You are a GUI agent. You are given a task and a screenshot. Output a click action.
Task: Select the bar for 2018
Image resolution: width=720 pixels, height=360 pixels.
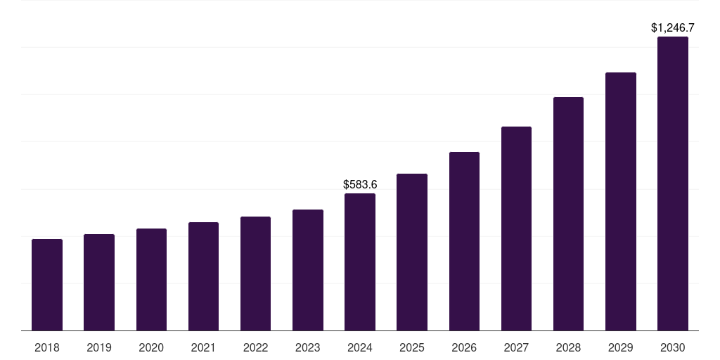pyautogui.click(x=47, y=285)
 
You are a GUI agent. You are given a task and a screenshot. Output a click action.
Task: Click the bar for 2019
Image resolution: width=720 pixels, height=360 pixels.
pyautogui.click(x=99, y=283)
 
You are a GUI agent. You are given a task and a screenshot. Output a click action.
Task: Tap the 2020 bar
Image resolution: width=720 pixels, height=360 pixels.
pyautogui.click(x=152, y=280)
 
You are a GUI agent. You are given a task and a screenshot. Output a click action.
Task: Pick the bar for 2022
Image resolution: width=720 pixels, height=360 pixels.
pyautogui.click(x=255, y=274)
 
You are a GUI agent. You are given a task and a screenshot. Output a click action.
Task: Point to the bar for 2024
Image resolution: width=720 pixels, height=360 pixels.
pyautogui.click(x=360, y=262)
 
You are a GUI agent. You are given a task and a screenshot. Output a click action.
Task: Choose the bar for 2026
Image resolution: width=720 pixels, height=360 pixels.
pyautogui.click(x=464, y=241)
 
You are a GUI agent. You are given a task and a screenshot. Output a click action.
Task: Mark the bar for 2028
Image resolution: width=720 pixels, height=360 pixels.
pyautogui.click(x=568, y=214)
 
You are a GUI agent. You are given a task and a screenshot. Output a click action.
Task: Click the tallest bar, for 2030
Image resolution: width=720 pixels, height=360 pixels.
pyautogui.click(x=673, y=184)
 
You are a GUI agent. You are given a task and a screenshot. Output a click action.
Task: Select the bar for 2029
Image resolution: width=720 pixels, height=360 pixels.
pyautogui.click(x=621, y=202)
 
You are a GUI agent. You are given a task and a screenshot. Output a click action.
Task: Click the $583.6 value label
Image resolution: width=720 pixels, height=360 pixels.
pyautogui.click(x=360, y=185)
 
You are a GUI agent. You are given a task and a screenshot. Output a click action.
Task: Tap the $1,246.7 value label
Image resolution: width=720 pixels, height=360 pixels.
pyautogui.click(x=673, y=28)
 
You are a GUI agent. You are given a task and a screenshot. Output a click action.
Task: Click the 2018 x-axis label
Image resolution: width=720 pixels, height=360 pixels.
pyautogui.click(x=47, y=348)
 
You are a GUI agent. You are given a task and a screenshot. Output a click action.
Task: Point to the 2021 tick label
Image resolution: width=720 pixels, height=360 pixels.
pyautogui.click(x=203, y=348)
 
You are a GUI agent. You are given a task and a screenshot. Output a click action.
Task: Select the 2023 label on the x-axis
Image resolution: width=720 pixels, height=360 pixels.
pyautogui.click(x=308, y=348)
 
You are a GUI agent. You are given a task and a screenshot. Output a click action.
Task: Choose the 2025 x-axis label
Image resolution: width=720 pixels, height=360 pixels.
pyautogui.click(x=412, y=348)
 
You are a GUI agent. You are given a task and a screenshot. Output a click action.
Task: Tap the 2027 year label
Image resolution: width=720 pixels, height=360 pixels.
pyautogui.click(x=516, y=348)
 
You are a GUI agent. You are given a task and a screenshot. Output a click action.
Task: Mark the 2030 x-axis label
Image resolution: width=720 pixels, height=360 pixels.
pyautogui.click(x=673, y=348)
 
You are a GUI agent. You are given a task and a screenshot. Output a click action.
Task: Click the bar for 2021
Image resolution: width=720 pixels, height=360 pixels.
pyautogui.click(x=203, y=276)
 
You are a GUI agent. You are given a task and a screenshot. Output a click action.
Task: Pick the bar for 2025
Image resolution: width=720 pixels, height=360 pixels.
pyautogui.click(x=412, y=252)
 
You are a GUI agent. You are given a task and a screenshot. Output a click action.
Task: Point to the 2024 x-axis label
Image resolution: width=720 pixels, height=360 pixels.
pyautogui.click(x=360, y=348)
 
